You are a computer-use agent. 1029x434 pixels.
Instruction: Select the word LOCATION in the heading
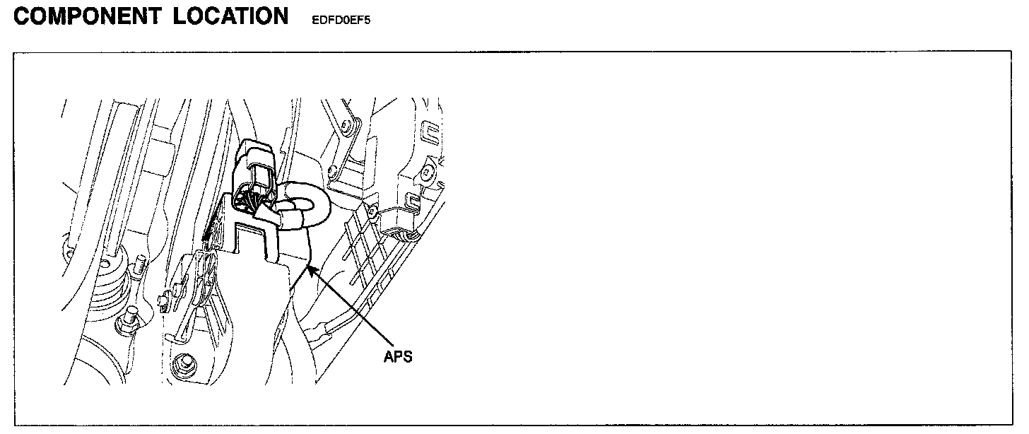pyautogui.click(x=231, y=16)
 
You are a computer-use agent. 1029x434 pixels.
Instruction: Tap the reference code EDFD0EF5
pyautogui.click(x=341, y=20)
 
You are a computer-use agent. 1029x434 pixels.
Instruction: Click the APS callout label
pyautogui.click(x=397, y=357)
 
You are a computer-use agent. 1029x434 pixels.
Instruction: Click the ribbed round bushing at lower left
pyautogui.click(x=110, y=279)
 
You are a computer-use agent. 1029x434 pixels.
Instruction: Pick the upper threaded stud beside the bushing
pyautogui.click(x=139, y=267)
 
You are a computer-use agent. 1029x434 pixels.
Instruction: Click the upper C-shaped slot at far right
pyautogui.click(x=428, y=131)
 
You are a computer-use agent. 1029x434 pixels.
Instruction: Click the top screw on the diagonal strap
pyautogui.click(x=345, y=127)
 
